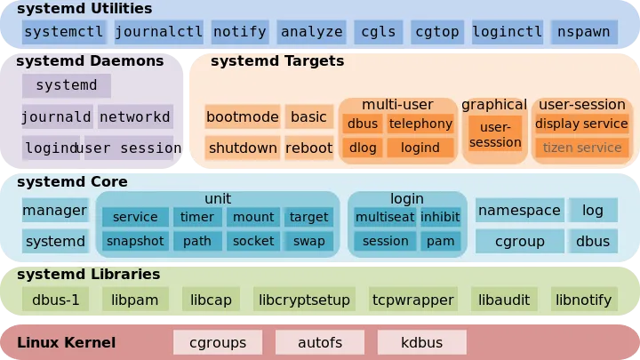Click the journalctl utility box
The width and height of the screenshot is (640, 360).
(x=159, y=32)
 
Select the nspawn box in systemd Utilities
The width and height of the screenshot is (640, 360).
(x=583, y=32)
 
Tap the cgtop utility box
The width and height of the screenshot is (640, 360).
(x=437, y=32)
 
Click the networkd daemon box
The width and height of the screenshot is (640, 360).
(x=135, y=116)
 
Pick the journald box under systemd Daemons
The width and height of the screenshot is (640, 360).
(x=57, y=116)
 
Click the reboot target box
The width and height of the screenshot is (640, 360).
(x=308, y=148)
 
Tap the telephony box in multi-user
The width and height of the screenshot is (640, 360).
(x=420, y=124)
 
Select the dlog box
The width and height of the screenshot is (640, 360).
(x=362, y=148)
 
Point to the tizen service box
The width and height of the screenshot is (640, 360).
(x=582, y=148)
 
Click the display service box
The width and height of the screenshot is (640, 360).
(x=582, y=124)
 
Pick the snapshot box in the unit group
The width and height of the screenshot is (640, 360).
(x=135, y=240)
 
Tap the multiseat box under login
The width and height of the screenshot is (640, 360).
(x=384, y=216)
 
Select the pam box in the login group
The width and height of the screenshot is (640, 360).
(x=440, y=240)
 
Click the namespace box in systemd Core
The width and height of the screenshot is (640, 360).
(x=519, y=211)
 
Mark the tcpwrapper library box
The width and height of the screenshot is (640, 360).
(x=413, y=300)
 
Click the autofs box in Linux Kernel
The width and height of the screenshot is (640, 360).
(x=308, y=341)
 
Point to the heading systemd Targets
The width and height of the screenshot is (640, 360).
(x=277, y=61)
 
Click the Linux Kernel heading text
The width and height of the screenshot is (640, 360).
(x=67, y=342)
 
